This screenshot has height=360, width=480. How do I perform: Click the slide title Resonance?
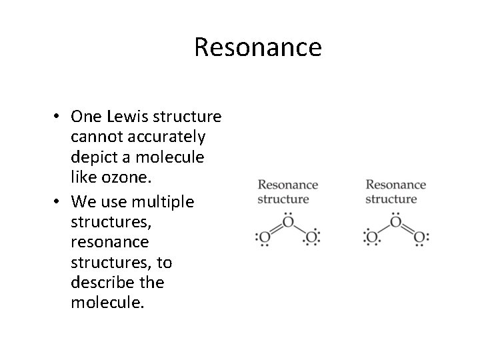(258, 47)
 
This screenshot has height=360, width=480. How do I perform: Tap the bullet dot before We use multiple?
(59, 201)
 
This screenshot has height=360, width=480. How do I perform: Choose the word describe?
(97, 282)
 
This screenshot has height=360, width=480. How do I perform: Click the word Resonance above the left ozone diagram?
(287, 185)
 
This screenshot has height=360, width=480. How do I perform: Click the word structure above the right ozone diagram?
(391, 199)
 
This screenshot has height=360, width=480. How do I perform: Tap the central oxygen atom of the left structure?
(287, 222)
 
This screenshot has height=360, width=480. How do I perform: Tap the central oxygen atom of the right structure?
(396, 222)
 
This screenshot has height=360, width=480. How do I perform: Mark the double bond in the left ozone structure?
(275, 229)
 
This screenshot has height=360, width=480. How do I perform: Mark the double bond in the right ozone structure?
(408, 229)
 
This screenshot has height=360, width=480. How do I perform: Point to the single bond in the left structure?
(300, 229)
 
